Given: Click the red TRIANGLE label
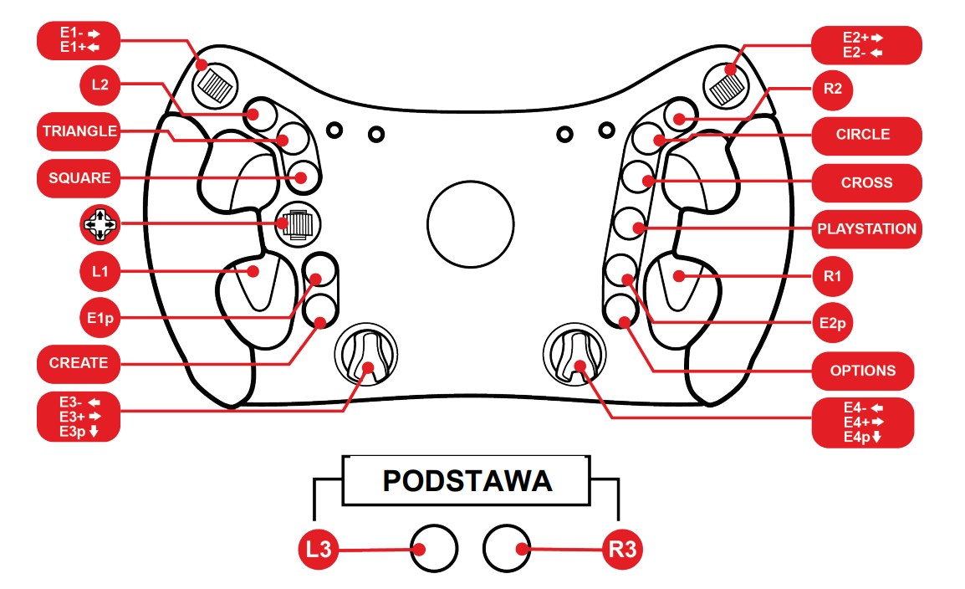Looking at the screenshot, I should pos(79,131).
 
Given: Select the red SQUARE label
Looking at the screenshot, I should pos(79,178).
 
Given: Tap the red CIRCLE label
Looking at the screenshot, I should pos(863,135).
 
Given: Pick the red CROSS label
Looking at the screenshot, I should pos(866,182).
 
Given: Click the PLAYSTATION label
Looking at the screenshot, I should pos(866,229).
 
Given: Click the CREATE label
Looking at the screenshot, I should pos(79,363).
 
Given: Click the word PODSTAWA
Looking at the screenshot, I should pos(467,481).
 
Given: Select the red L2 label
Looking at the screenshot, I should pos(101,85).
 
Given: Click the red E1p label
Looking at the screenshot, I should pos(101,318).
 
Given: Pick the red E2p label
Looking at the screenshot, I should pos(832,322).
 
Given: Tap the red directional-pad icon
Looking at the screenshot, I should pos(100,225).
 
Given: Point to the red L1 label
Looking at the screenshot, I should pos(101,272).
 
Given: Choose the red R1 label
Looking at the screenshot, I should pos(832,275).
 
